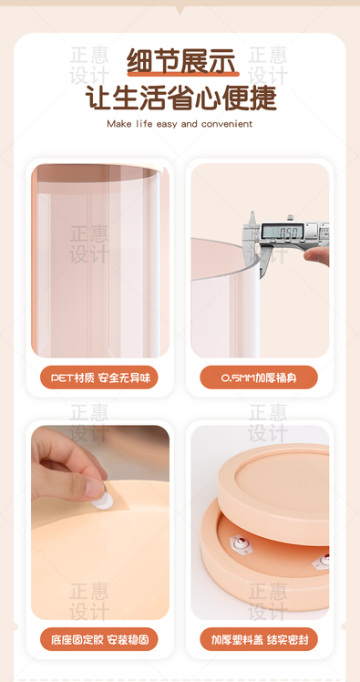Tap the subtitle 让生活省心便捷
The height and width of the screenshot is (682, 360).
pos(180,98)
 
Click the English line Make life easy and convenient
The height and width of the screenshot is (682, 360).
pos(180,124)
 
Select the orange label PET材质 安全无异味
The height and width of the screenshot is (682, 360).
pos(99,377)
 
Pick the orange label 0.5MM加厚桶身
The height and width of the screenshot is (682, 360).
pos(259,377)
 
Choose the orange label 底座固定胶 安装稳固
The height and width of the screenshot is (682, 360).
pos(99,639)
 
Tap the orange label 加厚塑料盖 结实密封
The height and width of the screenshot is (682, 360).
pos(259,639)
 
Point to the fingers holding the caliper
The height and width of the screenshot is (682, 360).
pos(317,255)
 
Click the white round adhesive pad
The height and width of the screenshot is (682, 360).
pos(103,501)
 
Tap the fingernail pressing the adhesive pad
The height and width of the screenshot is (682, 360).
pos(95,489)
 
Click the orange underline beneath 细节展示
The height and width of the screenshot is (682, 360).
pos(183,74)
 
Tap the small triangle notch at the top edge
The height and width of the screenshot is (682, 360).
pos(180,9)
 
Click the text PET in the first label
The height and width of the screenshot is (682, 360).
pos(62,377)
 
